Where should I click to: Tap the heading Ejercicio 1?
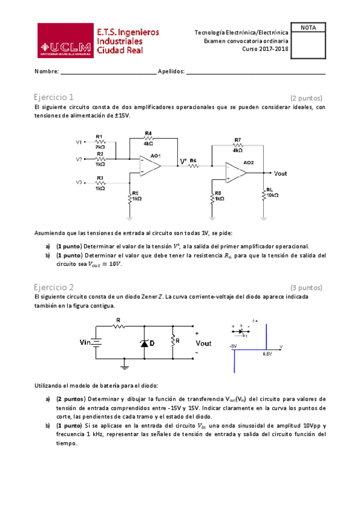tap(54, 97)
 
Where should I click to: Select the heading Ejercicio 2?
tap(54, 287)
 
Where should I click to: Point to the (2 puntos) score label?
tap(306, 97)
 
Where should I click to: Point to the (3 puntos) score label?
tap(306, 287)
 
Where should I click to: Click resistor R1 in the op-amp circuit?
tap(100, 142)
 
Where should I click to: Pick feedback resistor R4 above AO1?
tap(148, 138)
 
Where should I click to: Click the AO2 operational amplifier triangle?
tap(236, 173)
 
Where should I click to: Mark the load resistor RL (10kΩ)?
tap(264, 192)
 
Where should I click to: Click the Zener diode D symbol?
tap(144, 342)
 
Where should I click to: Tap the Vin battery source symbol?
tap(96, 342)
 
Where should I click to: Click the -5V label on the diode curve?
tap(233, 346)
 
